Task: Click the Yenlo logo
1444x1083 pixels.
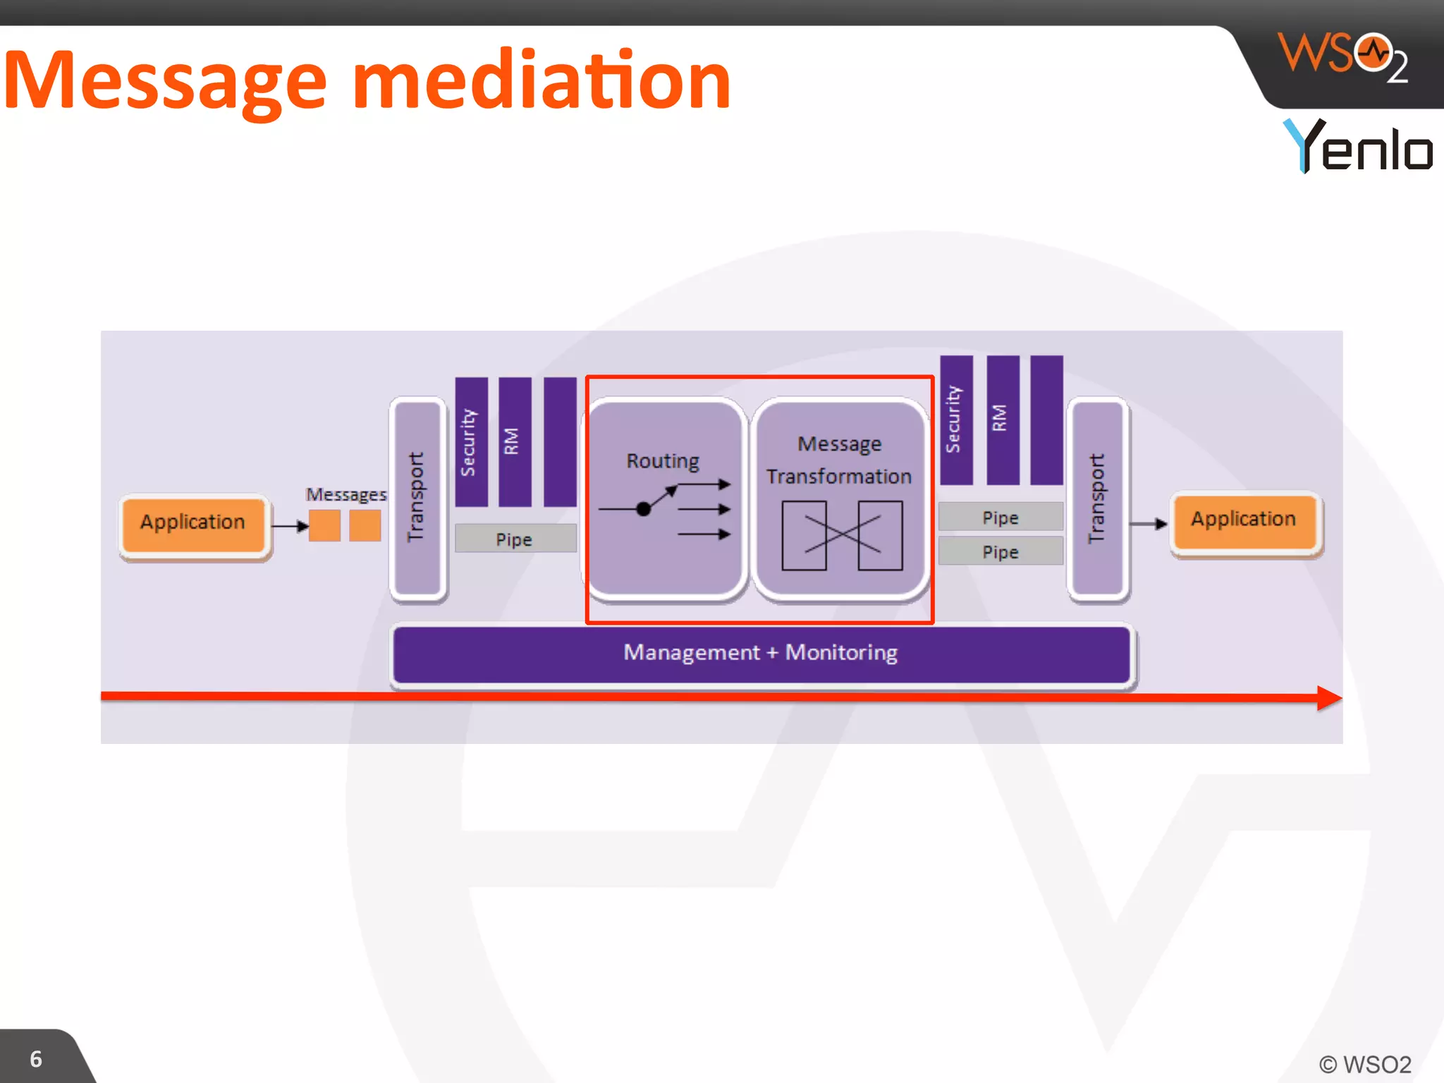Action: coord(1358,146)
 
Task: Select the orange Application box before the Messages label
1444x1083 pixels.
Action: coord(193,523)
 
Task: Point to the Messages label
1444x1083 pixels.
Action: coord(345,494)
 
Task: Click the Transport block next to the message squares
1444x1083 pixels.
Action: coord(417,498)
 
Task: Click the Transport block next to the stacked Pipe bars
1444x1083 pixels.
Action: coord(1096,498)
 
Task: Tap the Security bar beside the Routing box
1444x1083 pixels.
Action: coord(470,441)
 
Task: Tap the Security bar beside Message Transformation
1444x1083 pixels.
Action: coord(955,419)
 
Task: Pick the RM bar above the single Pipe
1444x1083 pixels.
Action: coord(514,441)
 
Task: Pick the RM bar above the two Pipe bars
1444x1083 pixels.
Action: coord(1002,419)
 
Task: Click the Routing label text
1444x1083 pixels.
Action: coord(663,461)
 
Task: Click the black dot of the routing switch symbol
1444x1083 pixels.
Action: coord(643,508)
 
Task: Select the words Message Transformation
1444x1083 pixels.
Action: coord(839,460)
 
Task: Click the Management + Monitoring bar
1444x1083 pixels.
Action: coord(760,653)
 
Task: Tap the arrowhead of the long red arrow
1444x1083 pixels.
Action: coord(1328,698)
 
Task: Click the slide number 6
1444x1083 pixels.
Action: coord(36,1059)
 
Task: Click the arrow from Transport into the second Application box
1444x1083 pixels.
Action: coord(1149,523)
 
